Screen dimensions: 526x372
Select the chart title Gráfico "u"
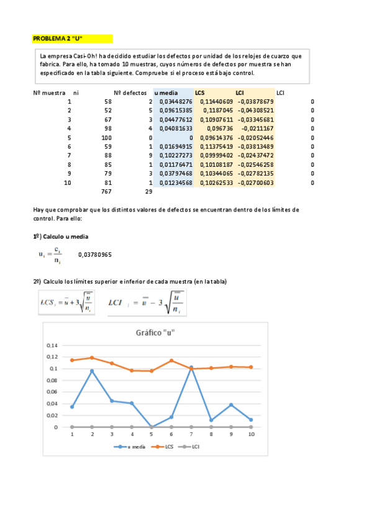(155, 332)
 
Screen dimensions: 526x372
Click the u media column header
(165, 92)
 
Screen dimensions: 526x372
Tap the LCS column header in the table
(200, 92)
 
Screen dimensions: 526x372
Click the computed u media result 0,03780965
(96, 254)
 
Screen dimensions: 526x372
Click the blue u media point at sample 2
(92, 371)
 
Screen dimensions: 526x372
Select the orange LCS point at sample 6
(171, 361)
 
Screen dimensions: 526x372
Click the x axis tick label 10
(251, 434)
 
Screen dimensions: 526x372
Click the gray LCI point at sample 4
(132, 427)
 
